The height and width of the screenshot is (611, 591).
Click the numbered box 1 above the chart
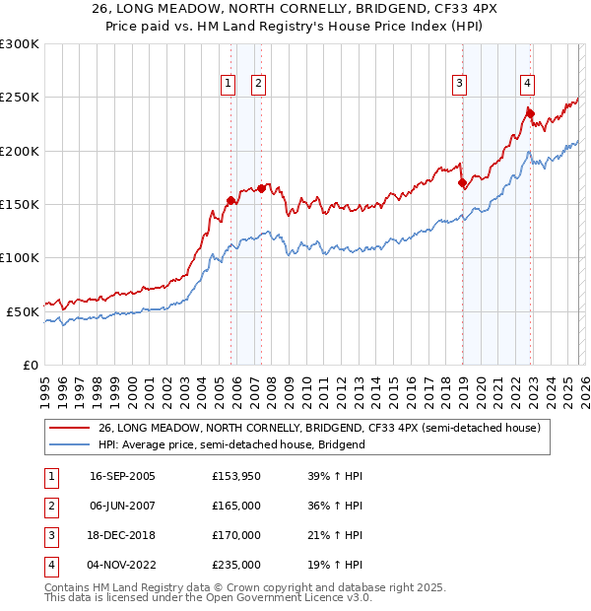(x=228, y=84)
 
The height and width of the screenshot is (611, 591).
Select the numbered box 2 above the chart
(x=258, y=84)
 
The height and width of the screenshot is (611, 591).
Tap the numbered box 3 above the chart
(x=459, y=84)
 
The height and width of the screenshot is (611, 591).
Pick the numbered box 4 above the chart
(x=528, y=84)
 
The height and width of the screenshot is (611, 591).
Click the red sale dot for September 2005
(x=230, y=200)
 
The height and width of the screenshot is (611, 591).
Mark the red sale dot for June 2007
(x=261, y=188)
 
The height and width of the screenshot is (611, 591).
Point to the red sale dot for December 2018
(x=462, y=182)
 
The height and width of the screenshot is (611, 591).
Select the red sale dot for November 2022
(x=530, y=113)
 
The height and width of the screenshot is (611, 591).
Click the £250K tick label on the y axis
(x=19, y=98)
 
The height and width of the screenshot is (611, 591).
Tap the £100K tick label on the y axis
(x=19, y=257)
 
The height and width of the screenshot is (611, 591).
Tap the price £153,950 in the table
(x=236, y=476)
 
